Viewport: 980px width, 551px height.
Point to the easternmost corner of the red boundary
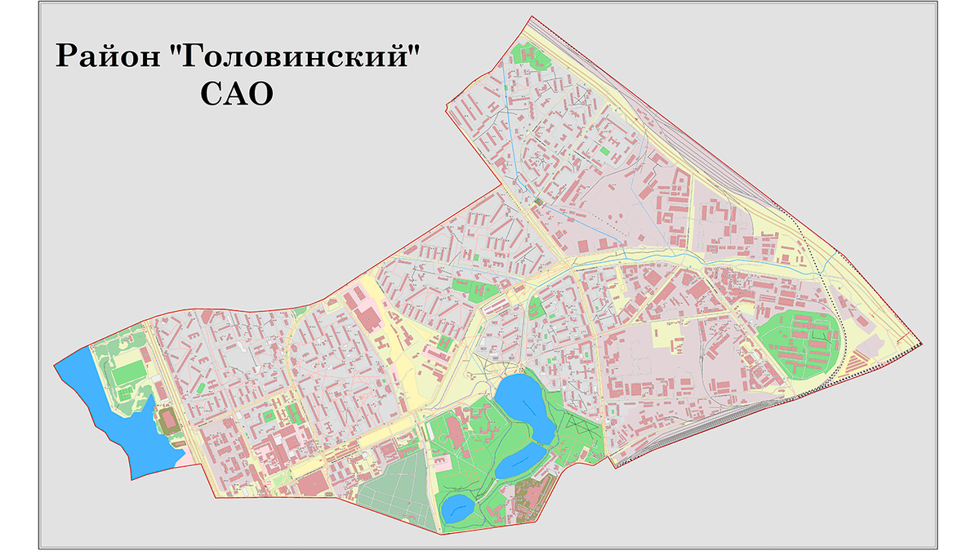coord(922,342)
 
